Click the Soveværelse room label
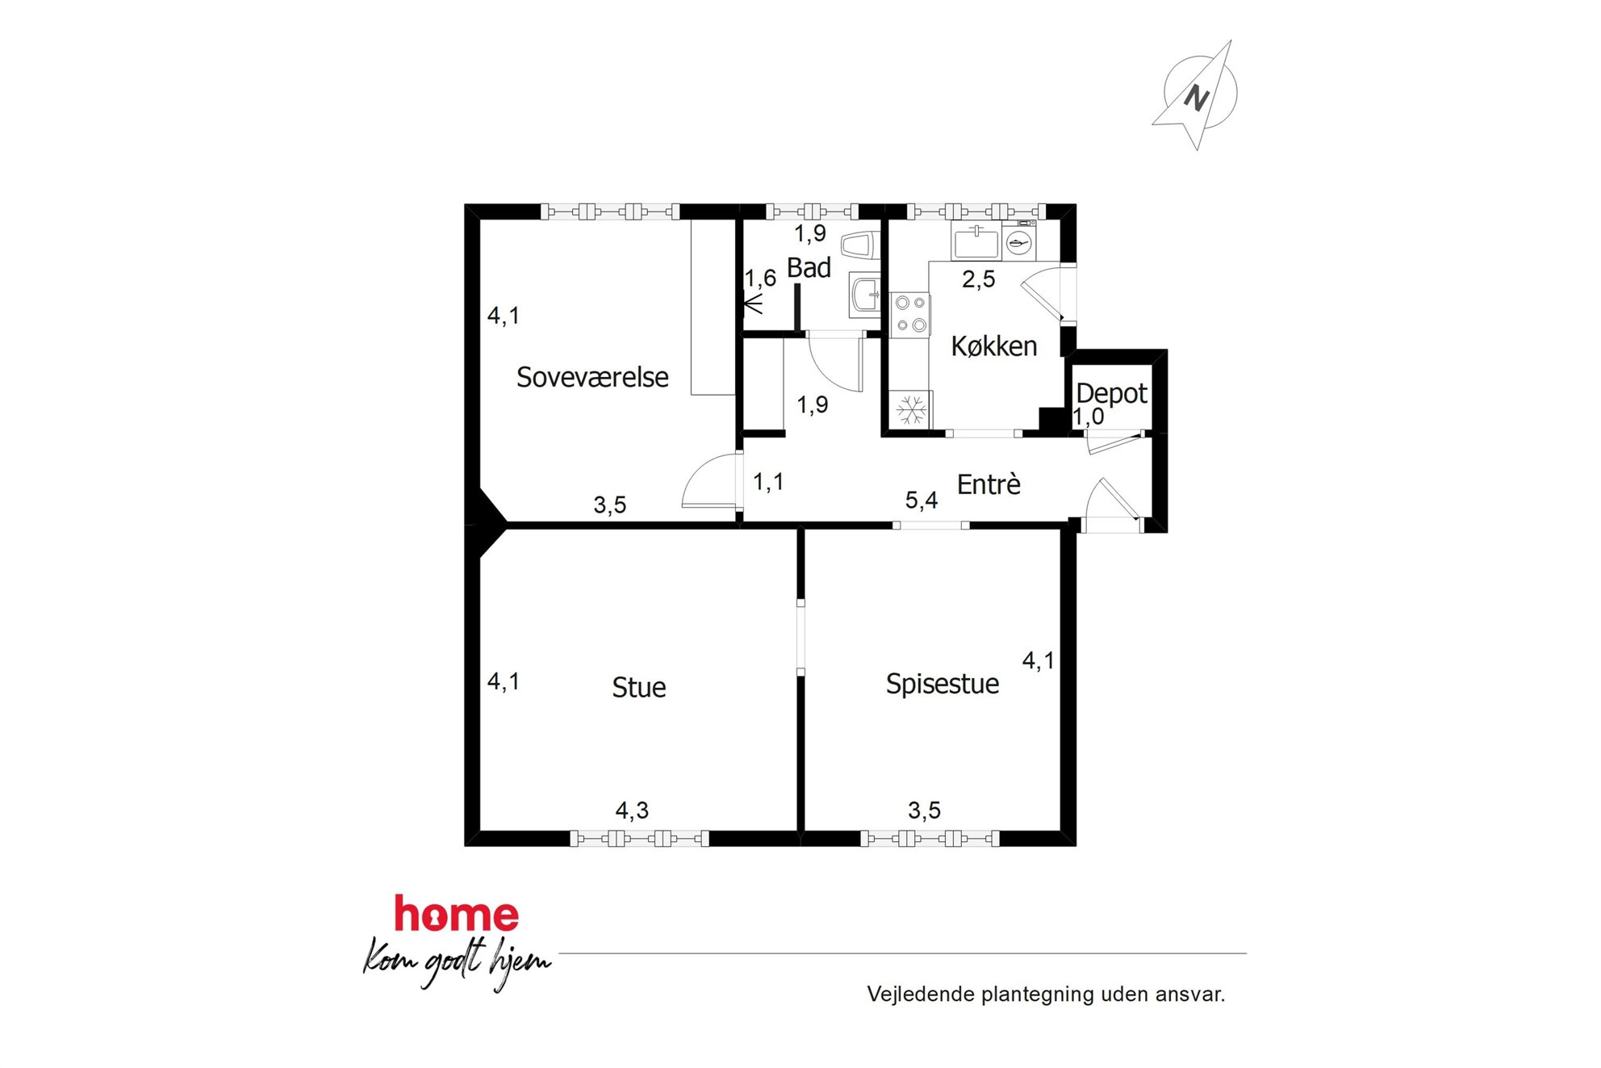(592, 377)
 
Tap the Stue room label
(639, 688)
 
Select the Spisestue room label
(943, 685)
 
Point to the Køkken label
(994, 346)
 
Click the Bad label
(809, 268)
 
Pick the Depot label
(1111, 393)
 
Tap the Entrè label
(989, 484)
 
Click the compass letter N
(1196, 98)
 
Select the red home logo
(456, 915)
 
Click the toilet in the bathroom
(859, 245)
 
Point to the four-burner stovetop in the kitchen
(910, 315)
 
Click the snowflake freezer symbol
(912, 409)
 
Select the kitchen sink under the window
(976, 242)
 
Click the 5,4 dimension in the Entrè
(921, 500)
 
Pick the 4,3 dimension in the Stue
(632, 810)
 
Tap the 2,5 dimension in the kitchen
(978, 279)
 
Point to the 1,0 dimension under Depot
(1088, 417)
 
